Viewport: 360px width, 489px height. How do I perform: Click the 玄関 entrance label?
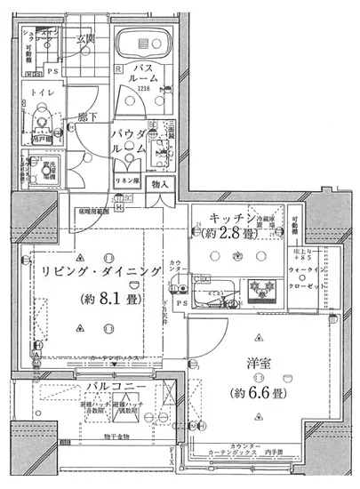pos(85,38)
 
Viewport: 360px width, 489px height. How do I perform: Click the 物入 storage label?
pos(160,184)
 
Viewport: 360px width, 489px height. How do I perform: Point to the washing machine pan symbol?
pos(39,169)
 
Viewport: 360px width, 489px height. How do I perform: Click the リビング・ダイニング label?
pos(98,271)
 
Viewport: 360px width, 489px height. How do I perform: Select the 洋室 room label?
pos(255,365)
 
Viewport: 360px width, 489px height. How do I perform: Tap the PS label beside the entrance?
pos(53,71)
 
